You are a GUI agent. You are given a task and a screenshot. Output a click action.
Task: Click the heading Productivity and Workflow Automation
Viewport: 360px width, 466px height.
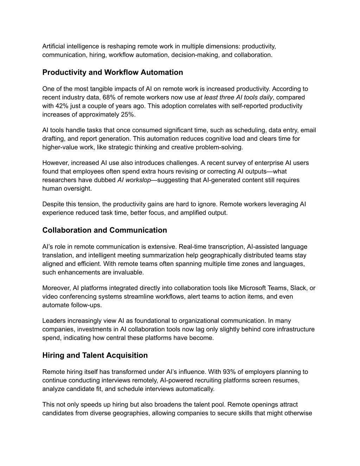112,72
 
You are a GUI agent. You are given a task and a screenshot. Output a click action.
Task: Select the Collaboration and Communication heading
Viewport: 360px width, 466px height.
104,230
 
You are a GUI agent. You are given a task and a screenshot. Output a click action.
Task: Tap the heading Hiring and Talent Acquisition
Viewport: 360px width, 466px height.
95,355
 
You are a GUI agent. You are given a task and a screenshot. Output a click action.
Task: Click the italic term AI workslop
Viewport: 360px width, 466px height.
134,180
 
